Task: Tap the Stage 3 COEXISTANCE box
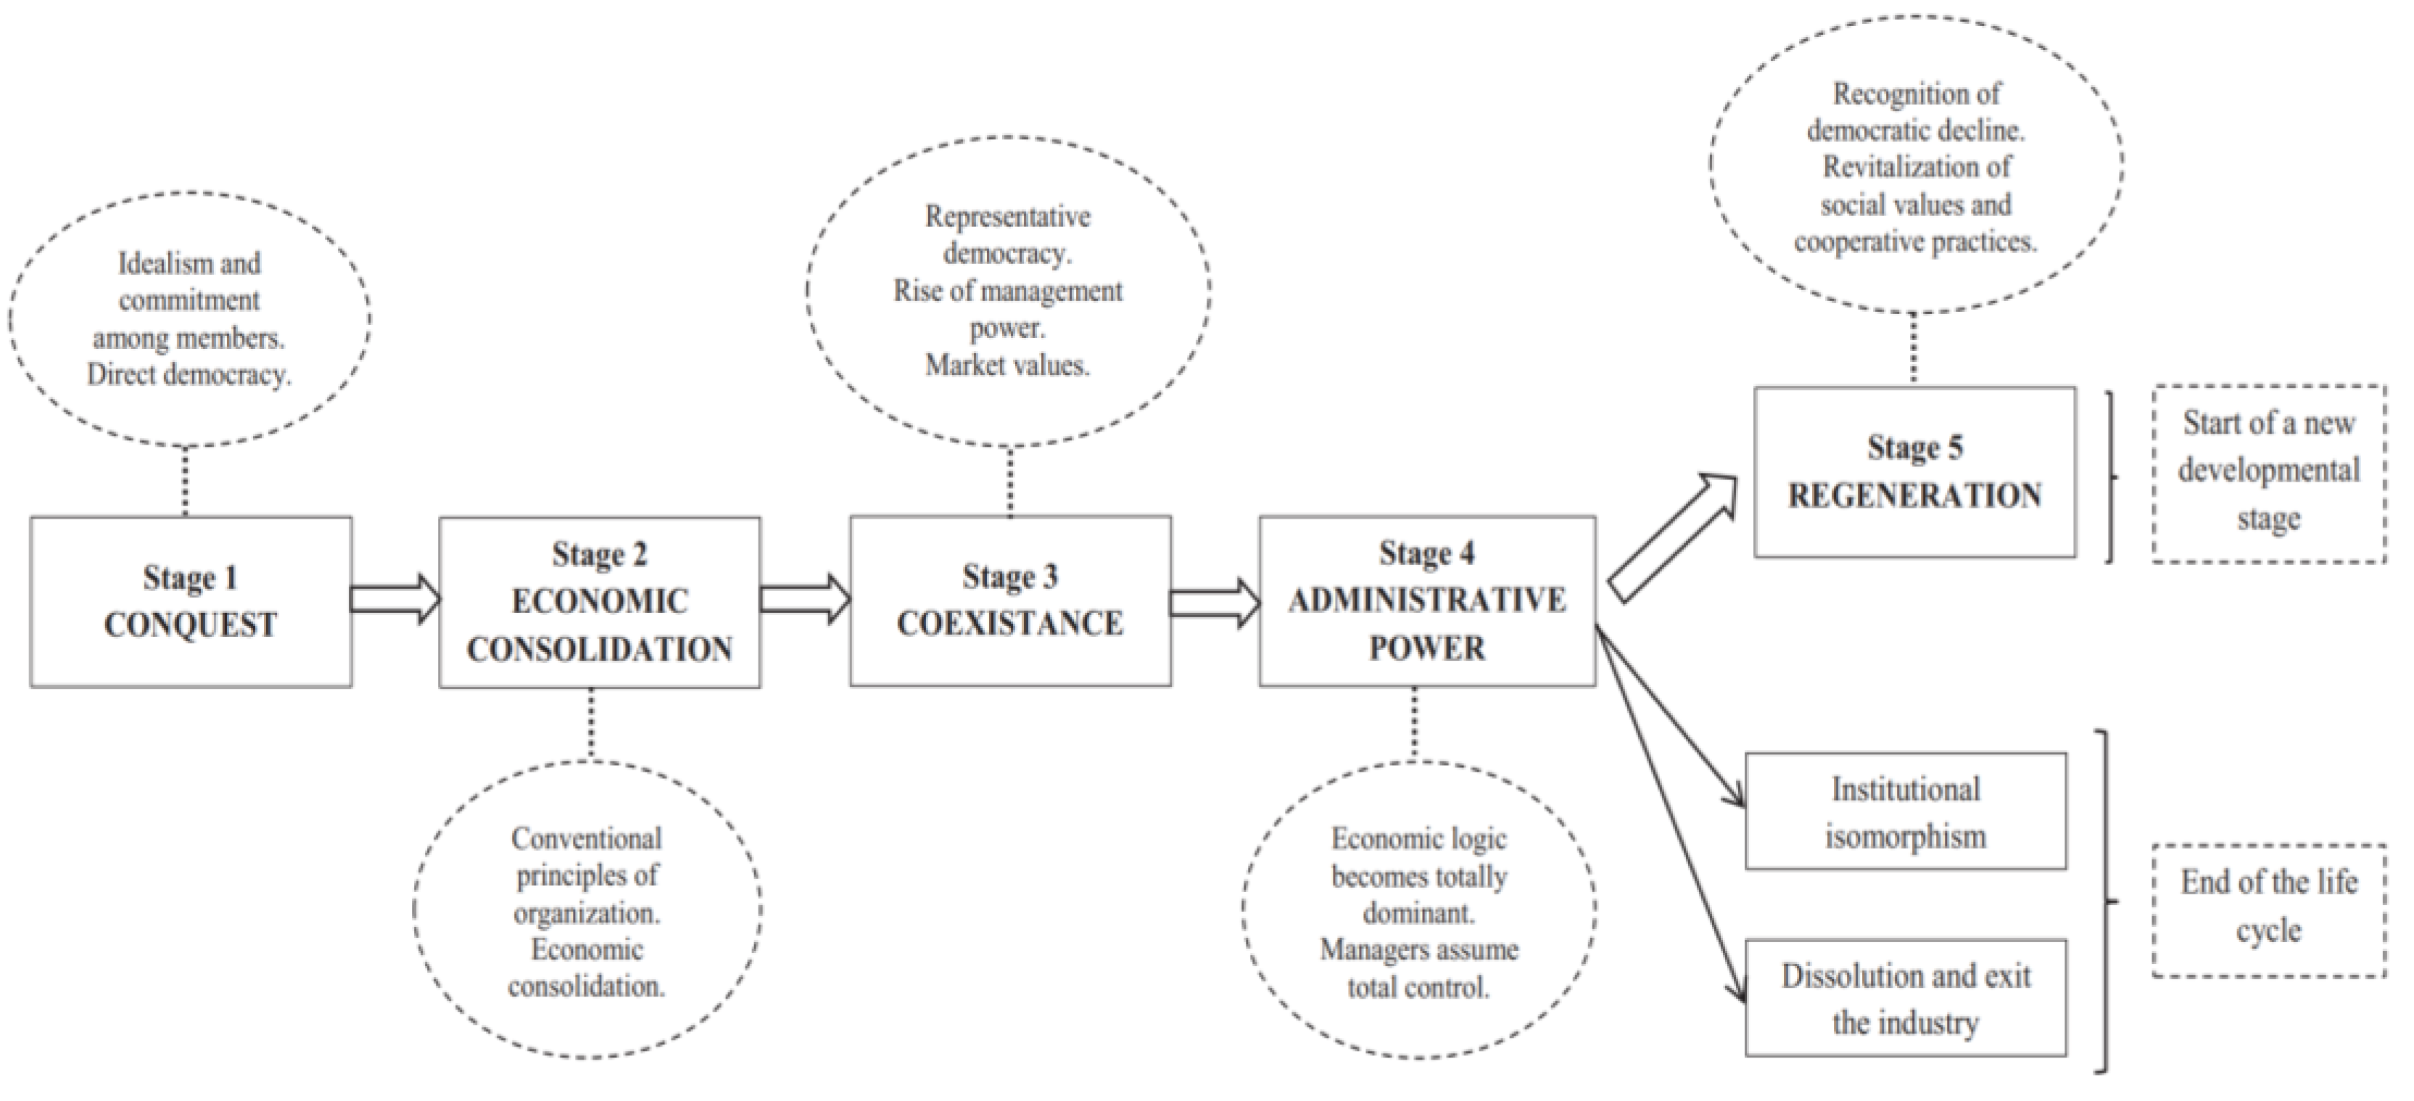(1010, 601)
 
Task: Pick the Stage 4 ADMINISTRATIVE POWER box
(1426, 601)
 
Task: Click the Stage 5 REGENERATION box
(1914, 472)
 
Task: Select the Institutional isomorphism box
(1905, 812)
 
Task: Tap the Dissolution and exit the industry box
(1905, 998)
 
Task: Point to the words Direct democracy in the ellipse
(189, 375)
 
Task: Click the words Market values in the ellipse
(1007, 366)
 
